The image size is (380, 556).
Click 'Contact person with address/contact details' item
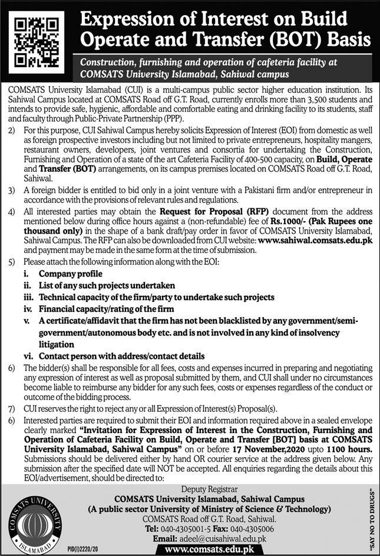[x=121, y=356]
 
